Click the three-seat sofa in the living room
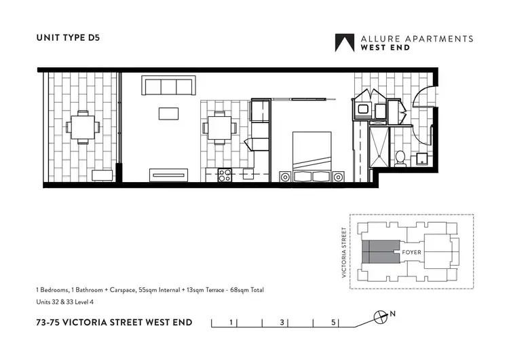168,86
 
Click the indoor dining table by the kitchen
219,127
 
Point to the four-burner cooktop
225,175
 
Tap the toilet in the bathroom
400,158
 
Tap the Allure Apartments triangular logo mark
345,43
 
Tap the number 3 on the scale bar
281,322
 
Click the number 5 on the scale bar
333,322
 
